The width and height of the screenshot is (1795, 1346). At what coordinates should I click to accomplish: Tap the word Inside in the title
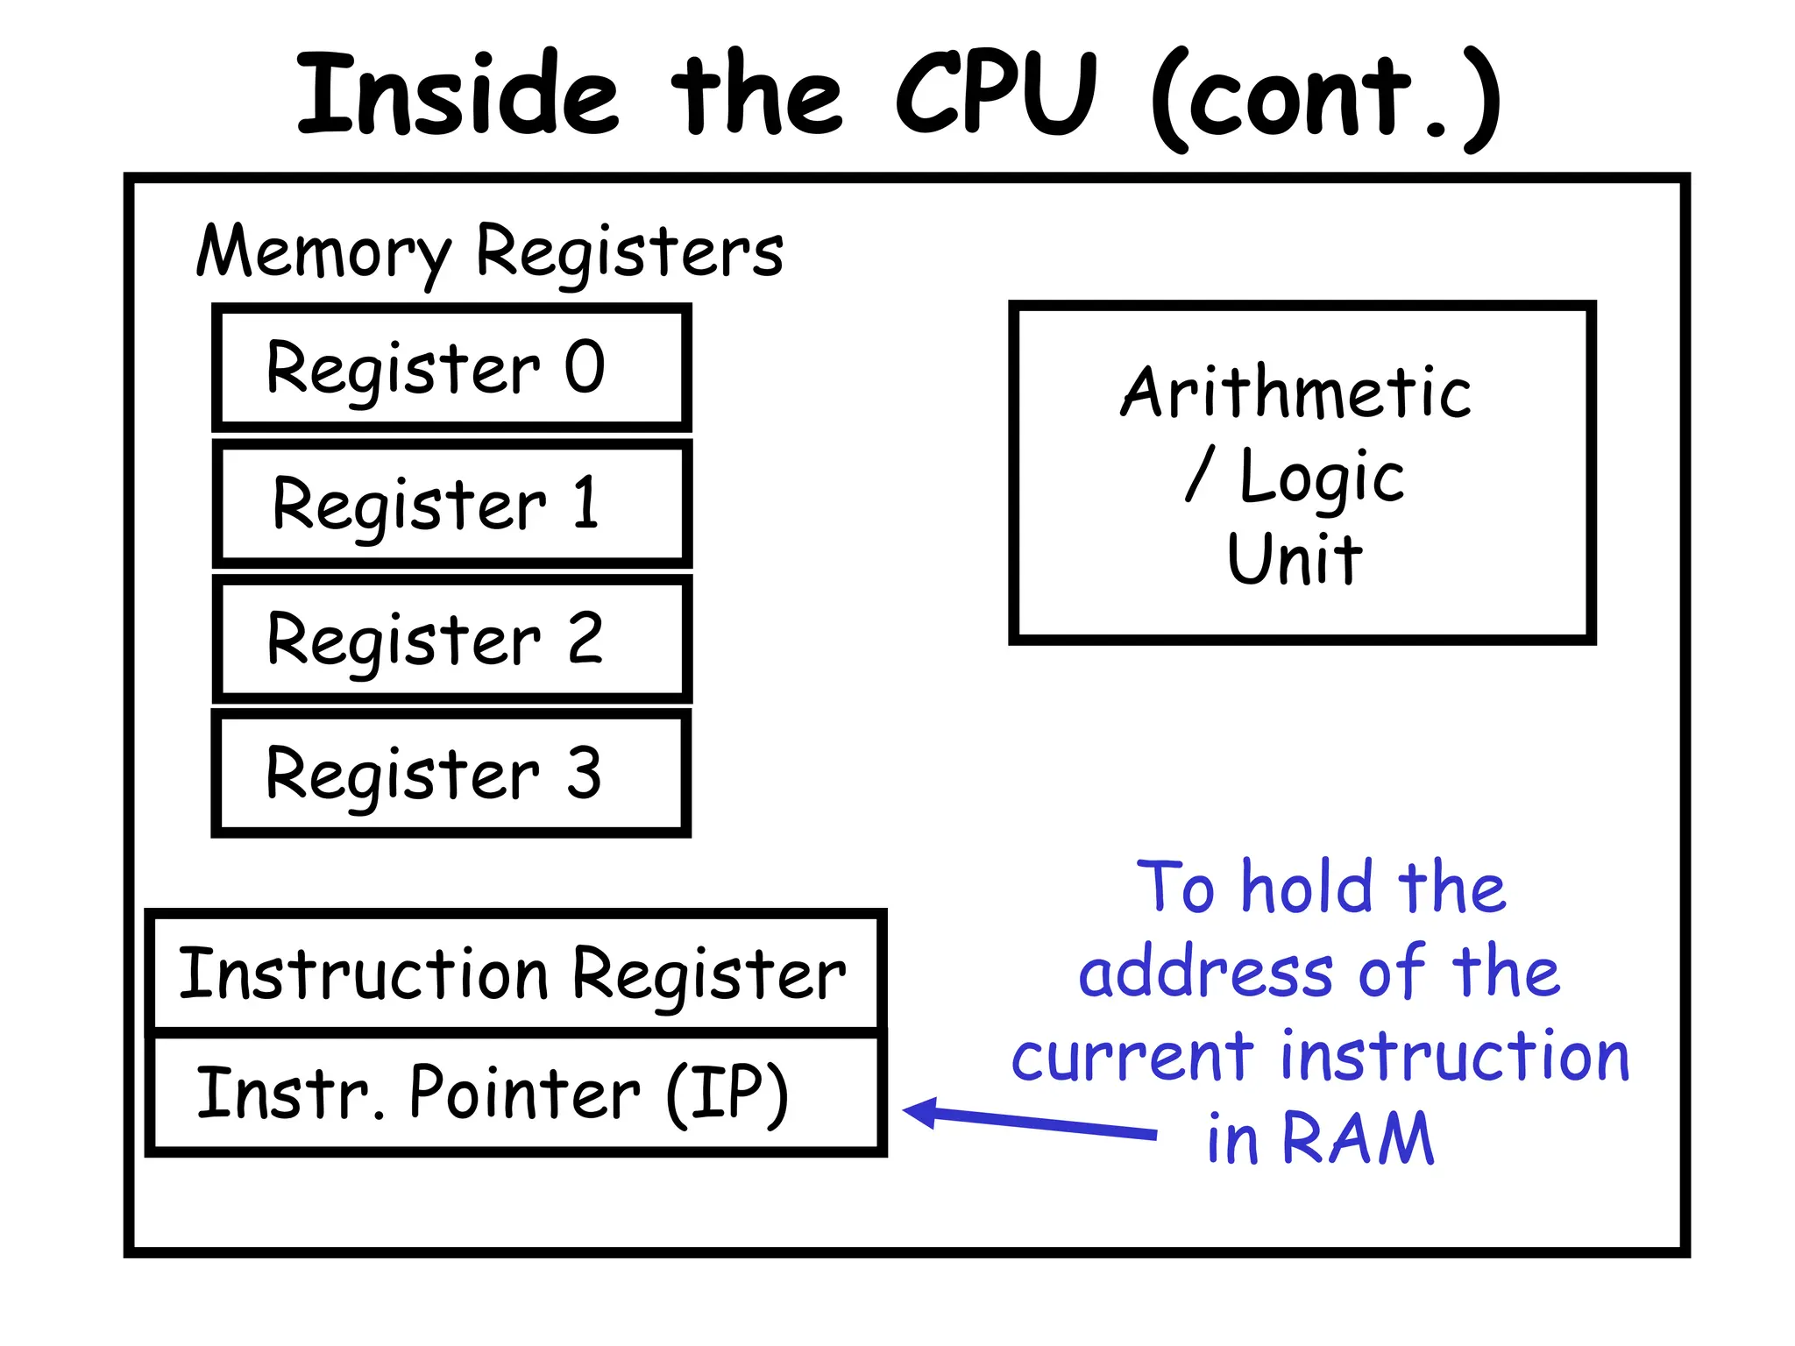pos(458,94)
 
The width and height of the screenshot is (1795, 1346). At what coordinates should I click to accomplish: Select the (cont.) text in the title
pos(1325,98)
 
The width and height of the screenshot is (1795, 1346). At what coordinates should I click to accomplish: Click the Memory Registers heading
pos(489,252)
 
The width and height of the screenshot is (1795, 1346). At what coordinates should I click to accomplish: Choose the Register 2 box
pos(451,639)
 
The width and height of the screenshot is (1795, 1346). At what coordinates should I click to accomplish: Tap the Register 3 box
pos(451,773)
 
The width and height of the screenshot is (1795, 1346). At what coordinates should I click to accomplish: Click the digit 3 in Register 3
pos(584,773)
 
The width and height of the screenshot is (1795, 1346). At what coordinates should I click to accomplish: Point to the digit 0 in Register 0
pos(585,366)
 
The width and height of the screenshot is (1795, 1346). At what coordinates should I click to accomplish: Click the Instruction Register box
pos(515,973)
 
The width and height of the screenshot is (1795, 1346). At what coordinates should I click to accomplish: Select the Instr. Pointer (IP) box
pos(515,1094)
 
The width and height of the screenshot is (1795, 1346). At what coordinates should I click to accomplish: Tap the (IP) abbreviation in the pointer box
pos(727,1094)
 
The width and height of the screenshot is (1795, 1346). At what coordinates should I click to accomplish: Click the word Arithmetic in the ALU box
pos(1295,392)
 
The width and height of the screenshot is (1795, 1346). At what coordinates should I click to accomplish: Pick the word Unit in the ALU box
pos(1295,558)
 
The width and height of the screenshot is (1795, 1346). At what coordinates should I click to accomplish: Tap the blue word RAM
pos(1358,1138)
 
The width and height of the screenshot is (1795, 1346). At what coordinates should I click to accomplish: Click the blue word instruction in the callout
pos(1454,1056)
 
